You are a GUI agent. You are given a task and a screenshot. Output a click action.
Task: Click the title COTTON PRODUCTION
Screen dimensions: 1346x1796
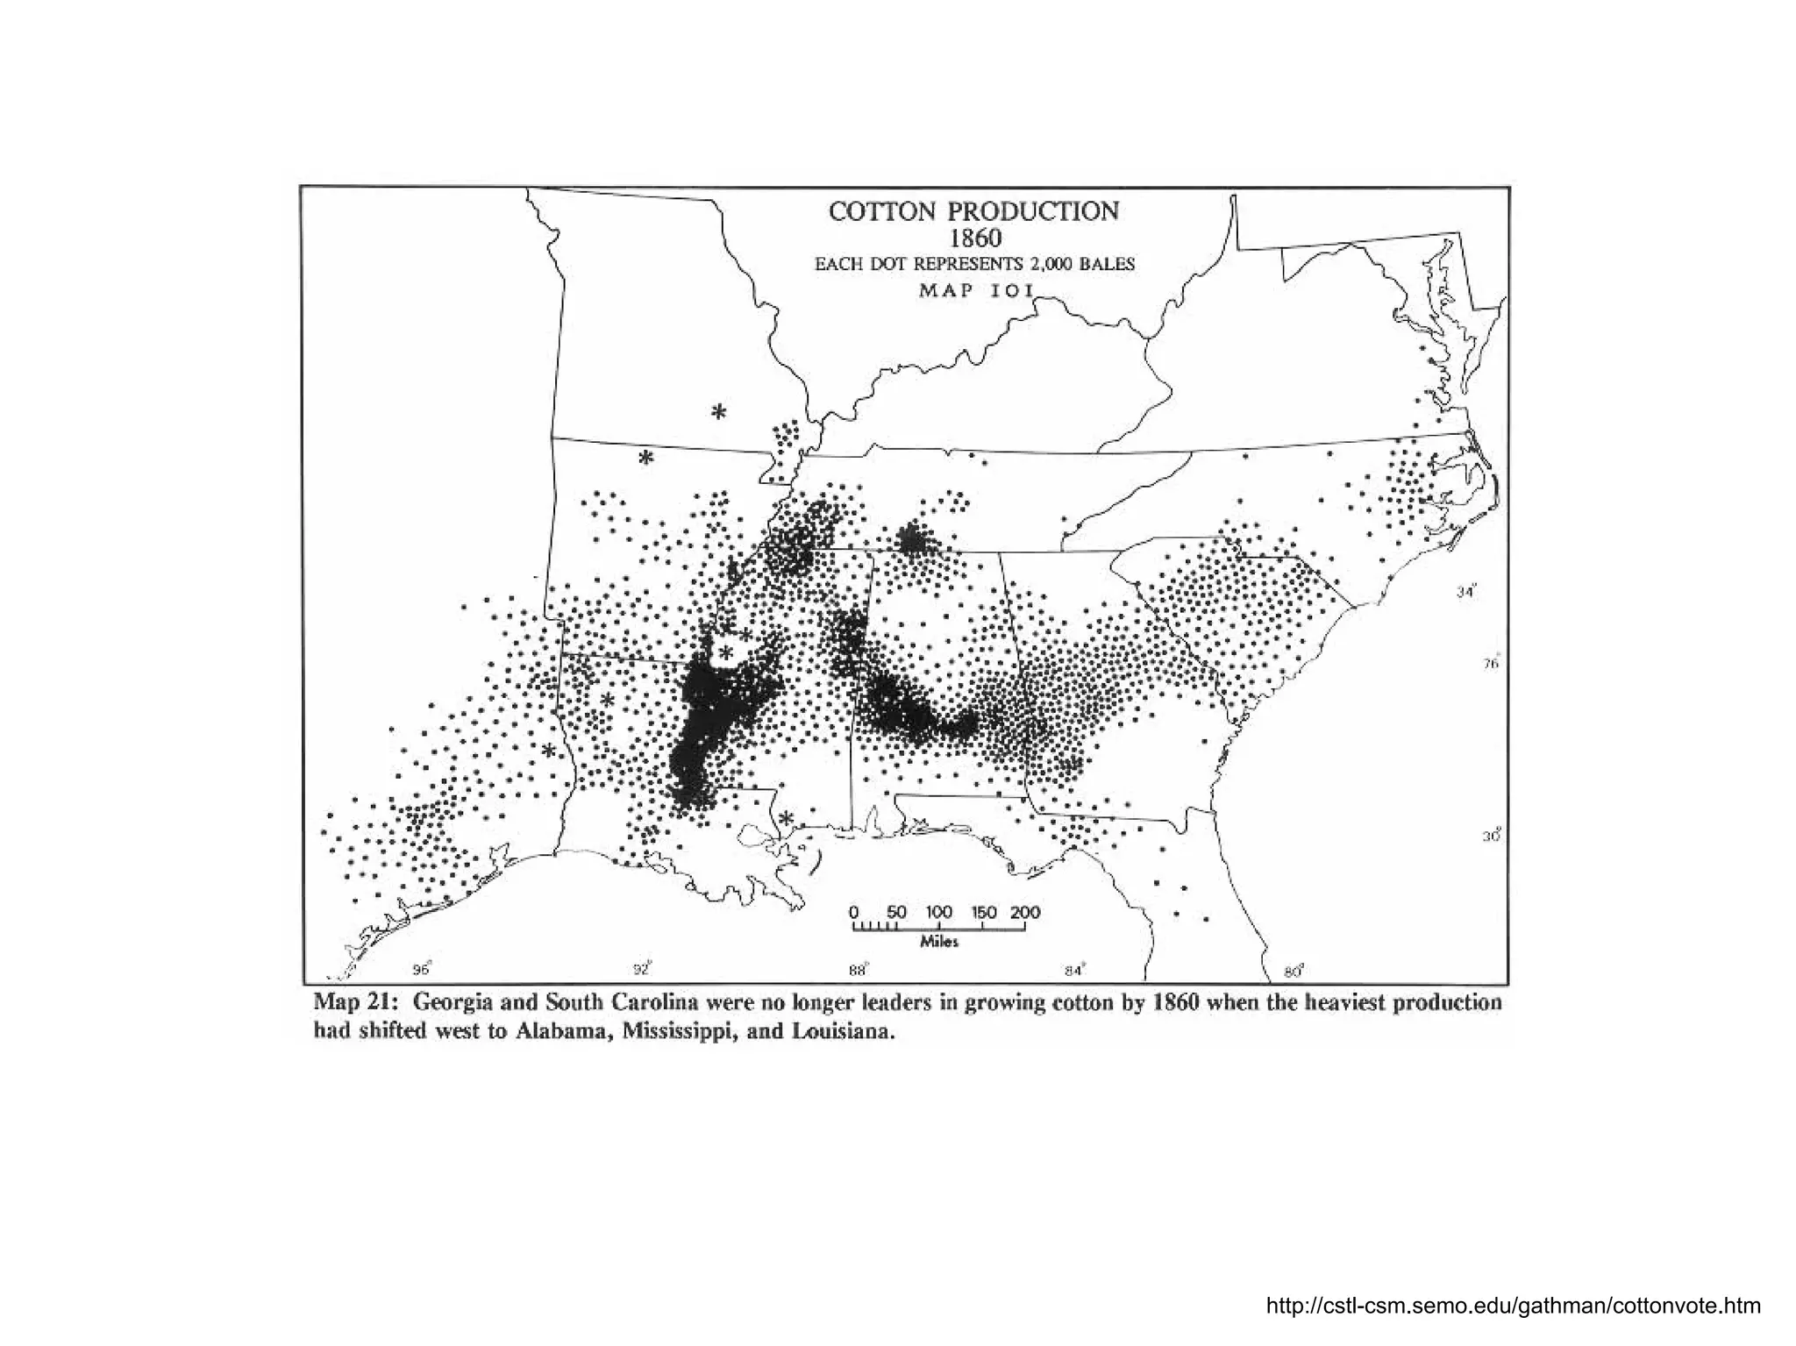click(x=973, y=211)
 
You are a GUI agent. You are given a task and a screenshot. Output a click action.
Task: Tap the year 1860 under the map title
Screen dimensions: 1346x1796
click(x=974, y=238)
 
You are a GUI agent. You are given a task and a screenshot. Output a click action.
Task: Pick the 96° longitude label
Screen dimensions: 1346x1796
click(x=423, y=969)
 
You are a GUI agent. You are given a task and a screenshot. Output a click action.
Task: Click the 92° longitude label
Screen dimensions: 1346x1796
click(x=644, y=969)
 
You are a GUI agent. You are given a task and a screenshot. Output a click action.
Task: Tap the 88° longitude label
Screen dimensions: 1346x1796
click(x=857, y=969)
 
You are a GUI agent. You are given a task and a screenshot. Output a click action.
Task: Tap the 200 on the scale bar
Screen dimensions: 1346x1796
click(x=1024, y=912)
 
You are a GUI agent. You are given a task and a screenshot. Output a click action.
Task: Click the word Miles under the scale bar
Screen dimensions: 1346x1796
click(x=938, y=942)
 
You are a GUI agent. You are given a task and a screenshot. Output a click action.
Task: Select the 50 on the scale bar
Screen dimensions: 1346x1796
click(x=895, y=912)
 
